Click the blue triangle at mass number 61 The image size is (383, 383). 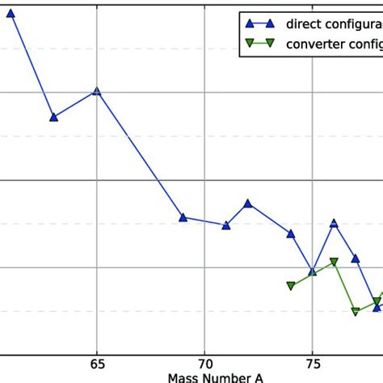(x=11, y=13)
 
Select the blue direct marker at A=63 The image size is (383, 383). (x=53, y=117)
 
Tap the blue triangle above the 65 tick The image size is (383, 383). (x=97, y=91)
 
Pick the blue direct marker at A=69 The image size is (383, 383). (x=183, y=217)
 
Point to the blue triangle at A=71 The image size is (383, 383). (x=226, y=225)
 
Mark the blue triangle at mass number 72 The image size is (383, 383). (x=248, y=204)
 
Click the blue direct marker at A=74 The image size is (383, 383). (x=291, y=234)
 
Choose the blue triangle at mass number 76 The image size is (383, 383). (x=334, y=223)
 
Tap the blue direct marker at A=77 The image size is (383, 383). (x=356, y=259)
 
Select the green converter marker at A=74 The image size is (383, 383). (x=291, y=285)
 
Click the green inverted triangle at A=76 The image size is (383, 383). (x=334, y=262)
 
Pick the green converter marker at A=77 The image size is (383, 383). (x=356, y=311)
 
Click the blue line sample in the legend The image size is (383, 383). (x=259, y=23)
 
